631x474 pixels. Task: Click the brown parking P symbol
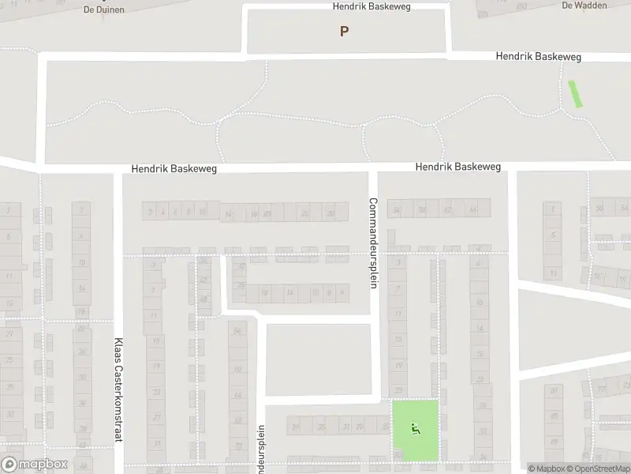pos(344,32)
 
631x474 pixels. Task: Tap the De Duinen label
pos(99,9)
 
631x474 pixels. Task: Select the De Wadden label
pos(584,5)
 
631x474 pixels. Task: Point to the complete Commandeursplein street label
pos(373,242)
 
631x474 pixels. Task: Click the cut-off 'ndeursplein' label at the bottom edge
pos(261,450)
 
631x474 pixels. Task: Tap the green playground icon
pos(416,428)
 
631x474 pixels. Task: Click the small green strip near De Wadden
pos(576,93)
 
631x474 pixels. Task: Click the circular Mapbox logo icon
pos(9,465)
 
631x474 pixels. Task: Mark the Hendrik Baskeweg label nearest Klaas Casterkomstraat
pos(174,168)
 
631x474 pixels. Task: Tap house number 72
pos(237,446)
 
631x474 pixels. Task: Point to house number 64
pos(237,395)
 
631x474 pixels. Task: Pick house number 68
pos(237,420)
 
